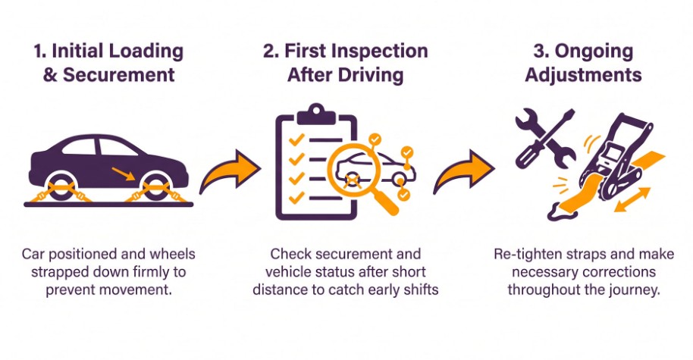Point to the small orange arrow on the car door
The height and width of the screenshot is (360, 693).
(x=121, y=173)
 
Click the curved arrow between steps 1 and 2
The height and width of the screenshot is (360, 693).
(x=227, y=171)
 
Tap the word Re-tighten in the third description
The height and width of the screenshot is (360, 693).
(x=525, y=253)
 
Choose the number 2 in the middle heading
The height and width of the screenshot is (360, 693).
(x=271, y=52)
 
